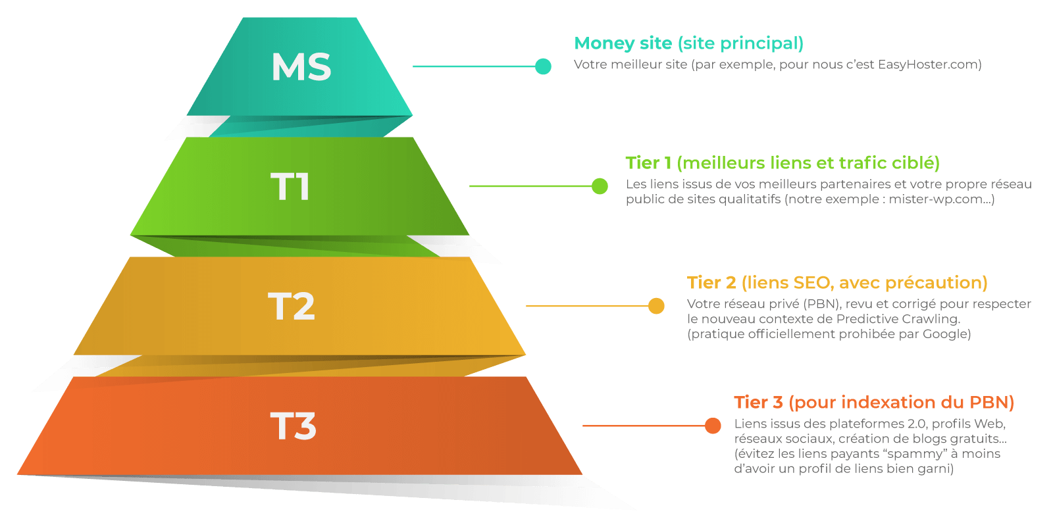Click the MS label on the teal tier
tap(301, 67)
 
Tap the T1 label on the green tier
tap(290, 187)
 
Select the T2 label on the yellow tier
tap(292, 307)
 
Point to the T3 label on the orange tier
tap(293, 426)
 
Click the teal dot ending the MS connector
tap(543, 66)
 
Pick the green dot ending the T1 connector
tap(600, 186)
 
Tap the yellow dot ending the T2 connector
tap(656, 306)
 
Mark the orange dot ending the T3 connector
tap(713, 426)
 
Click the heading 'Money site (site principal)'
tap(688, 43)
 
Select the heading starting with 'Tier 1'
tap(782, 163)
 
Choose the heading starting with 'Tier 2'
tap(837, 283)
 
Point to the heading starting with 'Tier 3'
tap(874, 403)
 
